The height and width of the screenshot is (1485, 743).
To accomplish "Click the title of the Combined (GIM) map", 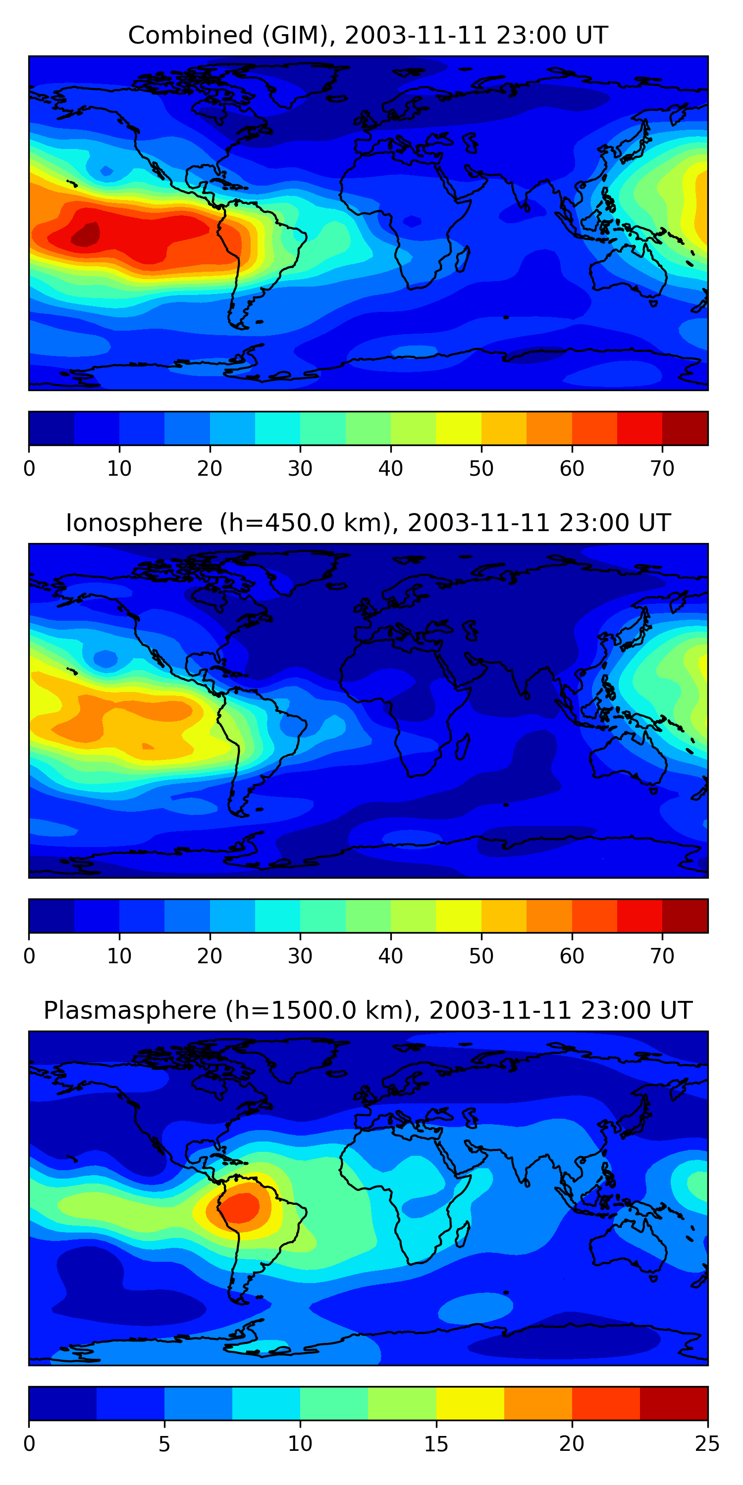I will point(368,35).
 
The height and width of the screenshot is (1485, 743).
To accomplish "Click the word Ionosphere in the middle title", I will point(134,523).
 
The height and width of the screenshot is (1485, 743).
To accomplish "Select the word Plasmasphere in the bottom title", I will point(130,1011).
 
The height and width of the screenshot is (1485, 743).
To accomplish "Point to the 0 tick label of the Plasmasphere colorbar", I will point(29,1444).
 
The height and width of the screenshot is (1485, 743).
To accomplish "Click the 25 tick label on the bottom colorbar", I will point(707,1444).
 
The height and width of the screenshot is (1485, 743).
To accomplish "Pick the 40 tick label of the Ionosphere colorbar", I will point(390,956).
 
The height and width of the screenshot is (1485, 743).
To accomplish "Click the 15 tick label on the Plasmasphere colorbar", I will point(435,1444).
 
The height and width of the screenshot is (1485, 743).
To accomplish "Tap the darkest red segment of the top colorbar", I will point(685,428).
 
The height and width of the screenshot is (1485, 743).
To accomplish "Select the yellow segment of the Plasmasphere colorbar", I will point(470,1404).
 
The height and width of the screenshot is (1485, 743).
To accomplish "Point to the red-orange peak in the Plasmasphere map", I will point(241,1207).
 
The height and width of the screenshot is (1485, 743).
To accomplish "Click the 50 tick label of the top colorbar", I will point(481,469).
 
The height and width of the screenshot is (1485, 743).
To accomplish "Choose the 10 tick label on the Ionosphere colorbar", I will point(119,956).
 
